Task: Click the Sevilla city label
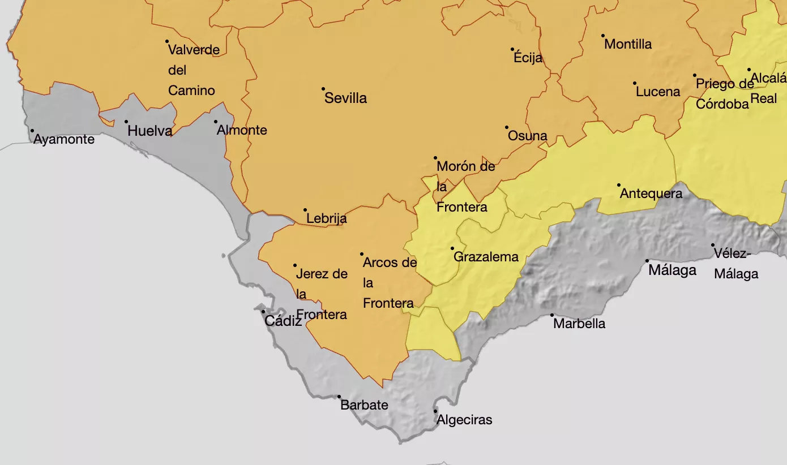click(x=345, y=98)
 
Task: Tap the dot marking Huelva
click(x=126, y=122)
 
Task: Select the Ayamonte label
click(x=64, y=139)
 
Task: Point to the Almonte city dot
click(x=216, y=122)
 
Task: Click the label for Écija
click(x=528, y=58)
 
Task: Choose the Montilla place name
click(x=628, y=44)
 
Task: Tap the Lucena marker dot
click(x=635, y=83)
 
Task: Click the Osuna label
click(x=527, y=136)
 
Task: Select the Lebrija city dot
click(x=305, y=210)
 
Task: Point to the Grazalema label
click(x=486, y=257)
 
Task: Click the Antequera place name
click(x=651, y=193)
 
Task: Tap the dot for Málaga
click(x=647, y=261)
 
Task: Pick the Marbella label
click(x=579, y=324)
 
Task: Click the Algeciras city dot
click(x=435, y=411)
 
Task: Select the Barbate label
click(x=364, y=405)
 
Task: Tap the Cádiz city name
click(x=283, y=321)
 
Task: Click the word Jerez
click(x=312, y=274)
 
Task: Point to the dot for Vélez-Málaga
click(x=713, y=245)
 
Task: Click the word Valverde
click(x=194, y=50)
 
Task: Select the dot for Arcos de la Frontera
click(x=362, y=254)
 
